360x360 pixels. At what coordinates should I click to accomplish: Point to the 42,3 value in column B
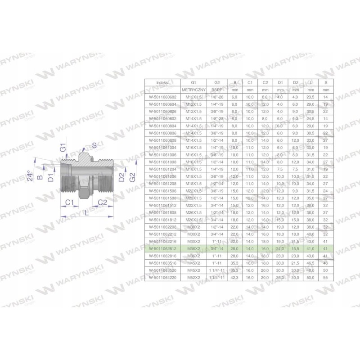(x=234, y=278)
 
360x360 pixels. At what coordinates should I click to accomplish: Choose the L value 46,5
(x=309, y=263)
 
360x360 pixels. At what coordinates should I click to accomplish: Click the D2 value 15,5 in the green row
(x=295, y=248)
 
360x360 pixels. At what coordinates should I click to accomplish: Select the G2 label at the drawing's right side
(x=132, y=176)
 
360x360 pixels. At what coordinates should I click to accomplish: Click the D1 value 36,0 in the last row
(x=280, y=278)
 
